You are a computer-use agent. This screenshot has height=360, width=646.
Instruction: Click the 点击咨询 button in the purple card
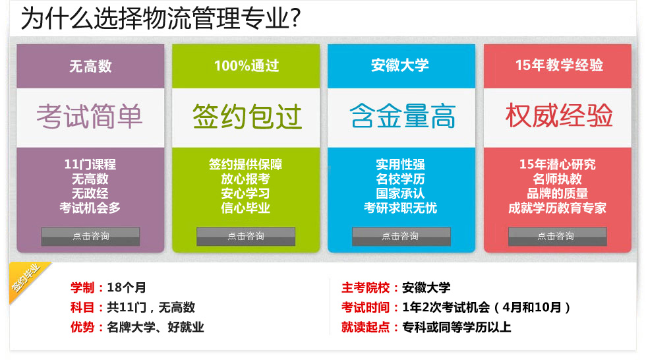click(x=90, y=237)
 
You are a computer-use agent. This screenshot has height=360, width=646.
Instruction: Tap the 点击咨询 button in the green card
click(x=245, y=237)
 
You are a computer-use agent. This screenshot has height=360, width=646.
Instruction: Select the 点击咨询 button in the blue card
click(x=401, y=237)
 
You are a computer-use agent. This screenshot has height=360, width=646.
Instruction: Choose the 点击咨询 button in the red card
click(x=558, y=237)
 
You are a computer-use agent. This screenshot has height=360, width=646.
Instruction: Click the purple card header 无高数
click(x=90, y=66)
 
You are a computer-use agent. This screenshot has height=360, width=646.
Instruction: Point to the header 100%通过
click(x=247, y=65)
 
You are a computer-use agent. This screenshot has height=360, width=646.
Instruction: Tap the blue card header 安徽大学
click(x=399, y=65)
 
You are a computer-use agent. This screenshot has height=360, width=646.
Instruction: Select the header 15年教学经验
click(x=559, y=65)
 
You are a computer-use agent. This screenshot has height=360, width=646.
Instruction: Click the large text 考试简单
click(x=90, y=116)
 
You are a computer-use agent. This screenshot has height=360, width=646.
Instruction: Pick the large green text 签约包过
click(x=247, y=116)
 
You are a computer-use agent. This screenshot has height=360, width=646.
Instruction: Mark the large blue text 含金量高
click(x=403, y=116)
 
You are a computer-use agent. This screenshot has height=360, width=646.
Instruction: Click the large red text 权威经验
click(x=559, y=115)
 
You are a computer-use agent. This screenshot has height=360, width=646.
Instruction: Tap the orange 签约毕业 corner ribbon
click(x=25, y=278)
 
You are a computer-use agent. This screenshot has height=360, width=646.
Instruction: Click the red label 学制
click(x=82, y=287)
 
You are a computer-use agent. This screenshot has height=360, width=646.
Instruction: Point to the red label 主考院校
click(x=365, y=287)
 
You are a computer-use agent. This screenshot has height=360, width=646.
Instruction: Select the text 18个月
click(x=127, y=287)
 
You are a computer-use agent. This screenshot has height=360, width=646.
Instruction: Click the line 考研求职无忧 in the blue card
click(x=401, y=208)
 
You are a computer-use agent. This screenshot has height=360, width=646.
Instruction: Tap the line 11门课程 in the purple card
click(x=90, y=164)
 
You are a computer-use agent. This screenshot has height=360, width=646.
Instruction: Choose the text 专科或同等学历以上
click(x=456, y=328)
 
